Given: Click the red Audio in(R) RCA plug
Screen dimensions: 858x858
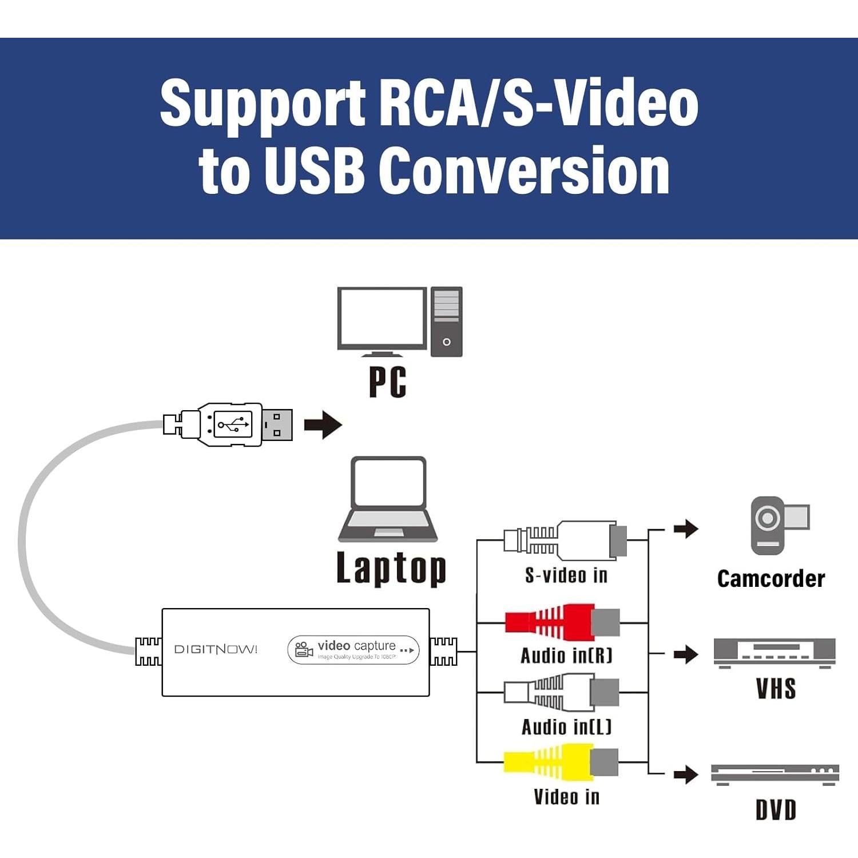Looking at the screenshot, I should [x=562, y=622].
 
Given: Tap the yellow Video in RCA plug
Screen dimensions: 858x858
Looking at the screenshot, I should [x=561, y=762].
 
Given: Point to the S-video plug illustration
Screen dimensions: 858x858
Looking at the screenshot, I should [x=565, y=540].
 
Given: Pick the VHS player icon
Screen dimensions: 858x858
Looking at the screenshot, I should [x=774, y=653].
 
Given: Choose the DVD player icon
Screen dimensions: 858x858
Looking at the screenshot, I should [x=774, y=774].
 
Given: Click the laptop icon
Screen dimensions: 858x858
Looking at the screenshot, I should [x=388, y=499].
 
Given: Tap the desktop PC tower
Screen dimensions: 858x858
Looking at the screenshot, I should [x=446, y=321].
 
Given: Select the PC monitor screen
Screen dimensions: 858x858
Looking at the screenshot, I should [x=382, y=317].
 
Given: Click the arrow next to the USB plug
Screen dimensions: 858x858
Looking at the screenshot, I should [x=323, y=425].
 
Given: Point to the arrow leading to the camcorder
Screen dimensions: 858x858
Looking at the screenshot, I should [x=686, y=529].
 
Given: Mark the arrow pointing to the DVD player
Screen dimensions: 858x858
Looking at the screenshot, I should [x=686, y=775].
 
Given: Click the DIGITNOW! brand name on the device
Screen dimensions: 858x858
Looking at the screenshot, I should [x=216, y=649].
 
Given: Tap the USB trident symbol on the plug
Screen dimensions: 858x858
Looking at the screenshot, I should [x=233, y=424].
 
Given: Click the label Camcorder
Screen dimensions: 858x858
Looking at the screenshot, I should [x=770, y=579].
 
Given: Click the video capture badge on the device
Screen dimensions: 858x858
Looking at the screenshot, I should [x=353, y=650].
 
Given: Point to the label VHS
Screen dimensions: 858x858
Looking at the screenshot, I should [x=776, y=689].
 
